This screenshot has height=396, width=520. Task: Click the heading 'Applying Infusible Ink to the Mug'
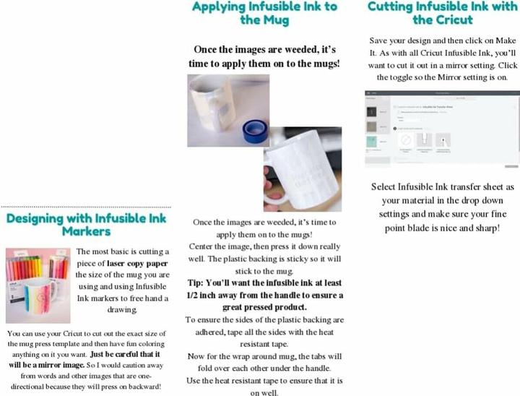[264, 13]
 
